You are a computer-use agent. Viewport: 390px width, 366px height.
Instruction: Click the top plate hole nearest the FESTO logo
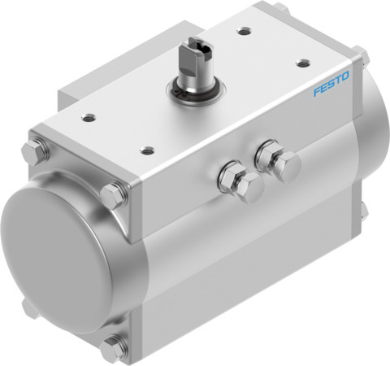click(x=302, y=62)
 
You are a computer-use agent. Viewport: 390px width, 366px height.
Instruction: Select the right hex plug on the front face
click(x=271, y=159)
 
